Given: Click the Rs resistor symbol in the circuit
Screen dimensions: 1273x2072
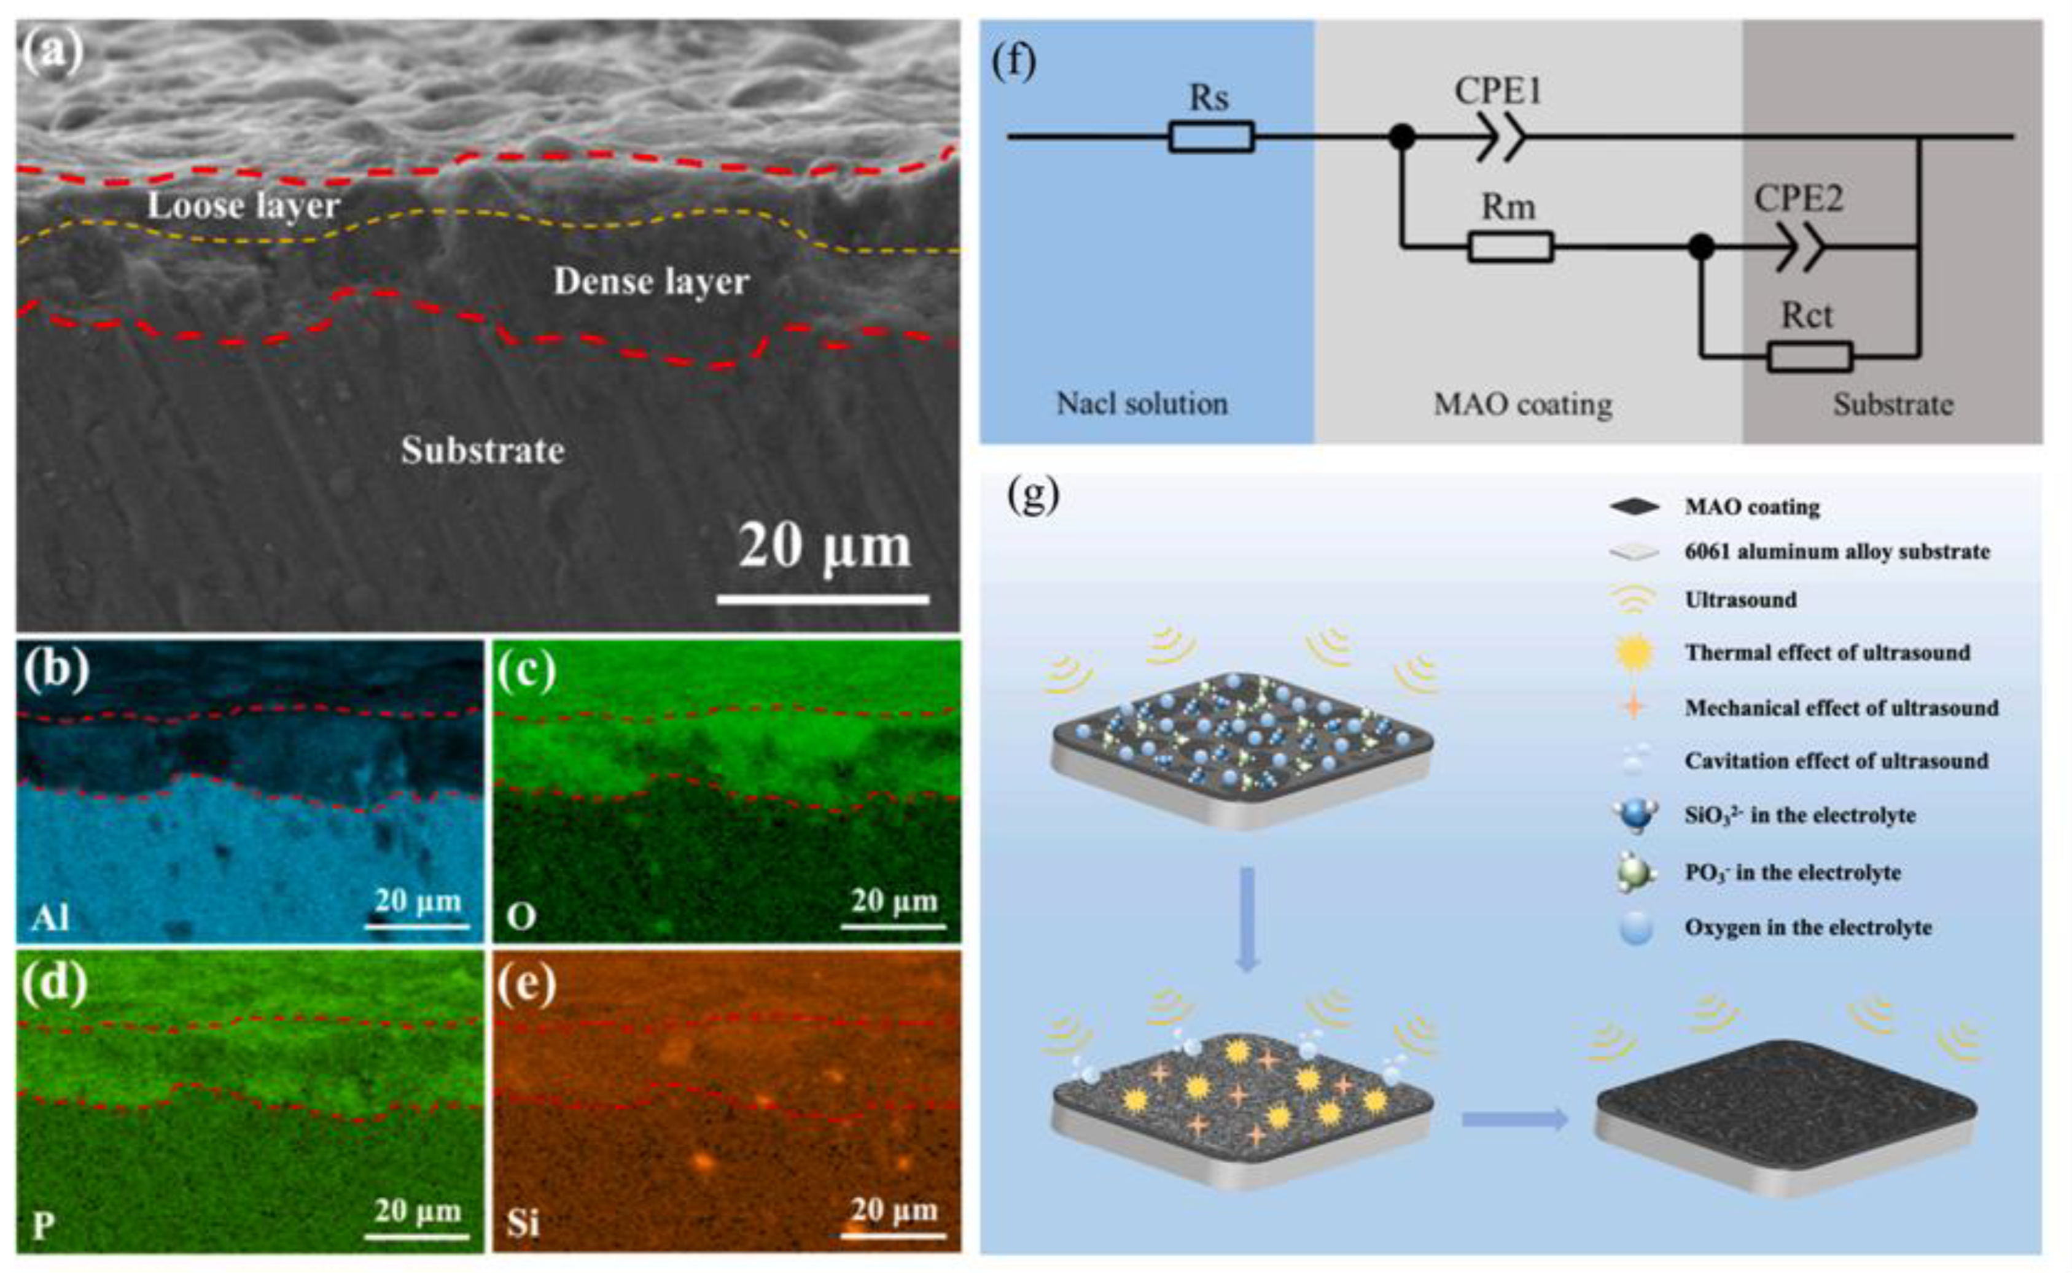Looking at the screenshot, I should [x=1210, y=136].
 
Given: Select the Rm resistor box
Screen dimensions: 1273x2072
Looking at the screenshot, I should [x=1510, y=247].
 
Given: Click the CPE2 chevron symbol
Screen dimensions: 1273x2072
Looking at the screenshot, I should [x=1801, y=247].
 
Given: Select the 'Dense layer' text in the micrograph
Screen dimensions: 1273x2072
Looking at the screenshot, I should [x=651, y=281].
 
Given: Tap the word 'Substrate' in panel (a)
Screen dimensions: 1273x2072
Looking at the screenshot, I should [x=483, y=451].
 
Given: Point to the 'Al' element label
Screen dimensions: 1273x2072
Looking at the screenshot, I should [x=50, y=917].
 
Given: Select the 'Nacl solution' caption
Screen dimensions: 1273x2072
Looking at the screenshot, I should [x=1142, y=403].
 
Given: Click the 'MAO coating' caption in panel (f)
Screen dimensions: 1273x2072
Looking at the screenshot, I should [x=1523, y=404].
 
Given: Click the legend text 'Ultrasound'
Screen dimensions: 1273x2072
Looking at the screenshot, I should [x=1740, y=600].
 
